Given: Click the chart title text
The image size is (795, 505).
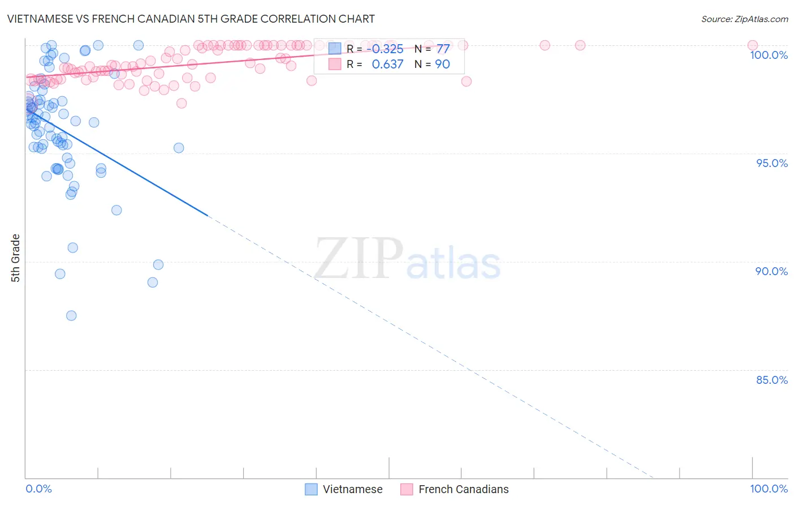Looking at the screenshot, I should pyautogui.click(x=191, y=19).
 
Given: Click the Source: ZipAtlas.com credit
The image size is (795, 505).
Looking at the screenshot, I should pyautogui.click(x=744, y=19).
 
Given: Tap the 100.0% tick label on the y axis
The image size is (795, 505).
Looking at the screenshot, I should pyautogui.click(x=768, y=55).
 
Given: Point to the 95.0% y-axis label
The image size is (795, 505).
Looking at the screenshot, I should pyautogui.click(x=772, y=163).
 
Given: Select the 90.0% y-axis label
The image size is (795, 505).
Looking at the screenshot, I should pyautogui.click(x=771, y=271).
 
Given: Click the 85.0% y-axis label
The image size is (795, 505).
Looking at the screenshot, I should pyautogui.click(x=772, y=380).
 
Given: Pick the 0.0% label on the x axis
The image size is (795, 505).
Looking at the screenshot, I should pyautogui.click(x=38, y=489).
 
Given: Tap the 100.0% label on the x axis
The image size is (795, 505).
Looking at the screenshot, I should pyautogui.click(x=768, y=489).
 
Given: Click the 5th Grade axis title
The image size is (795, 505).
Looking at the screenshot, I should pyautogui.click(x=16, y=258).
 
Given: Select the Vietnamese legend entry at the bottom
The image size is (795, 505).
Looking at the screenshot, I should pyautogui.click(x=344, y=489).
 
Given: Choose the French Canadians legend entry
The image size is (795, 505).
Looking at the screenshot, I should pyautogui.click(x=455, y=489).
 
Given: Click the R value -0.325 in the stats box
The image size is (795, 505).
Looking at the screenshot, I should pyautogui.click(x=385, y=49).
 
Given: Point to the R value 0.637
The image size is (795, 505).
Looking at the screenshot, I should pyautogui.click(x=387, y=65).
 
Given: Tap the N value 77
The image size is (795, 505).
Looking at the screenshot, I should pyautogui.click(x=443, y=49).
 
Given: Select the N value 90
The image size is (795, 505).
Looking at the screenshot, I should pyautogui.click(x=442, y=65).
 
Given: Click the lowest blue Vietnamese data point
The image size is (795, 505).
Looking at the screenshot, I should pyautogui.click(x=71, y=315).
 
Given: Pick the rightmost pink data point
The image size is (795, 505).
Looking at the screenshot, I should pyautogui.click(x=753, y=45).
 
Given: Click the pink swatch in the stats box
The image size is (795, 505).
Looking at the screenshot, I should pyautogui.click(x=335, y=65).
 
